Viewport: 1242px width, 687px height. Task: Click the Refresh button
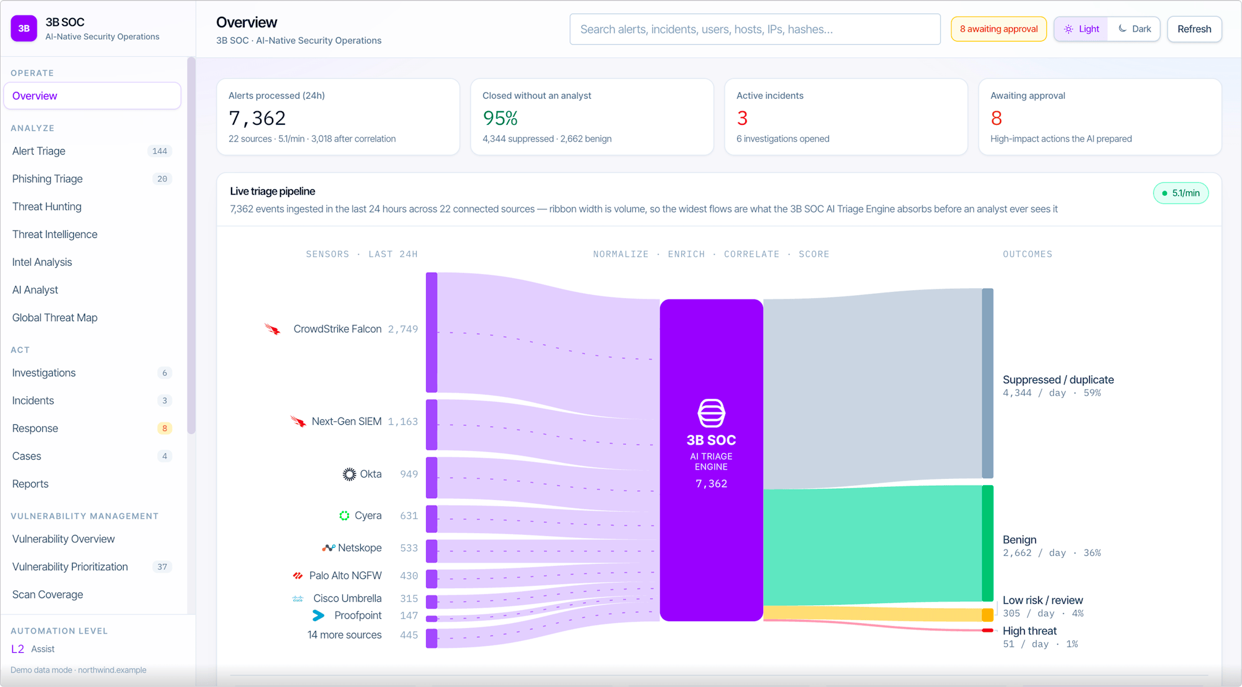pos(1194,29)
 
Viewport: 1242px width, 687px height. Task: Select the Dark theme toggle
pos(1135,29)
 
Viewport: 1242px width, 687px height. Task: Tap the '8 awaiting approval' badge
pos(999,29)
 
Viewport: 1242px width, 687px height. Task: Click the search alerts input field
pos(755,29)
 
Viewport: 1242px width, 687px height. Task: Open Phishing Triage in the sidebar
pos(47,179)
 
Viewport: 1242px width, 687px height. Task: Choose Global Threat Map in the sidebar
pos(55,317)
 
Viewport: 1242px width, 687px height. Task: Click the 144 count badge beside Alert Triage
pos(160,151)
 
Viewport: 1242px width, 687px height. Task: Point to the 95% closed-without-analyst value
pos(500,118)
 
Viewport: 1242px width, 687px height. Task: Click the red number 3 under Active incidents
pos(742,118)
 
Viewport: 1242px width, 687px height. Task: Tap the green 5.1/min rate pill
pos(1181,193)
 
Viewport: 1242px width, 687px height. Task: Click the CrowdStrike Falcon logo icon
pos(273,329)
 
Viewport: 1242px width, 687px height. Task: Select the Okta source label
pos(371,474)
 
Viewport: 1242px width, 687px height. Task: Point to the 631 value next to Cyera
pos(409,516)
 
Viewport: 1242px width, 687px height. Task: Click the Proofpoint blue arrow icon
pos(319,616)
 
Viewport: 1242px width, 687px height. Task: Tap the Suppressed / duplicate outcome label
pos(1058,380)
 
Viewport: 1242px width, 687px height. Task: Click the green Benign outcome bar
pos(987,543)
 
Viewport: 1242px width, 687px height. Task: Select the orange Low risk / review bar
pos(987,615)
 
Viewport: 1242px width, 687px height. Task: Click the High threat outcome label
pos(1030,630)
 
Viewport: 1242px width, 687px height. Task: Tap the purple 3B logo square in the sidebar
pos(24,29)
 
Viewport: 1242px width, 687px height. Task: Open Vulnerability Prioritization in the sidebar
pos(70,566)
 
